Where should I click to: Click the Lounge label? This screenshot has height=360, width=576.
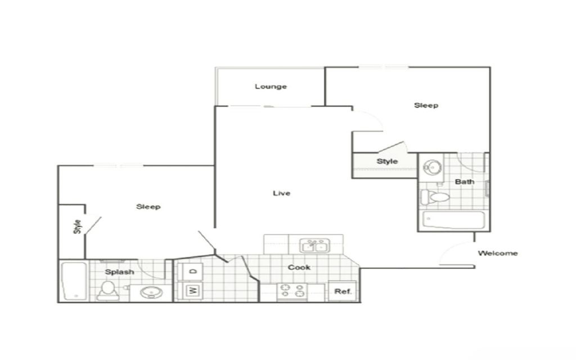(x=271, y=87)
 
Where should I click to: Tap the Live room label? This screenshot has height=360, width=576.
(x=281, y=193)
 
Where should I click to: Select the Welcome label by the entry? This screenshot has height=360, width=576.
(x=497, y=253)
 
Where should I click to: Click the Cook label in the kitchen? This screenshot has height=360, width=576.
(x=299, y=267)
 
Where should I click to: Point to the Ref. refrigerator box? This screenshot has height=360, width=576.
(x=343, y=291)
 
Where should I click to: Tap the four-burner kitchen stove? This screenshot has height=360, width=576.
(x=292, y=290)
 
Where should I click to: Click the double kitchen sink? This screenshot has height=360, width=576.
(x=314, y=246)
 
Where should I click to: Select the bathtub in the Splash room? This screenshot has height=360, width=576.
(x=73, y=281)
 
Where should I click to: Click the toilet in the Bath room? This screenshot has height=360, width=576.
(x=435, y=197)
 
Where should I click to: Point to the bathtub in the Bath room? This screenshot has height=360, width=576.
(x=453, y=219)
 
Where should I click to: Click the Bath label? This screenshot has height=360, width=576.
(x=464, y=182)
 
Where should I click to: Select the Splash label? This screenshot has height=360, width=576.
(x=119, y=272)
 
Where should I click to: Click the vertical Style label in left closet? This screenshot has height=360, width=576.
(x=78, y=227)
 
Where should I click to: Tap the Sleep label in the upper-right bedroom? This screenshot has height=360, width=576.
(x=426, y=105)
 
